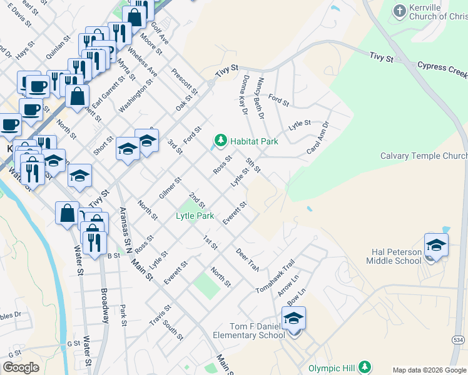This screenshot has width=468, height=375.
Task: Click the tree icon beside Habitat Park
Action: click(220, 141)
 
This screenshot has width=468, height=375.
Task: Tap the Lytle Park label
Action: click(195, 216)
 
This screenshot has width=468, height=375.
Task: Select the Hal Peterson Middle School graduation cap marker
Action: click(436, 245)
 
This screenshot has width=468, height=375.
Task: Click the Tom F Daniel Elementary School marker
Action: click(293, 319)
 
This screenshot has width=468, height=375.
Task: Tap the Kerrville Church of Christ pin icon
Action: click(400, 11)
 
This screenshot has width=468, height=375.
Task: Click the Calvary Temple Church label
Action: click(424, 156)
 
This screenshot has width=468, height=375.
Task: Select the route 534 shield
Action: click(458, 339)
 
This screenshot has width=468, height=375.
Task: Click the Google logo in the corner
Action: click(21, 367)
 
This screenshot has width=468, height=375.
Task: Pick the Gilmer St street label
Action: click(170, 188)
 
